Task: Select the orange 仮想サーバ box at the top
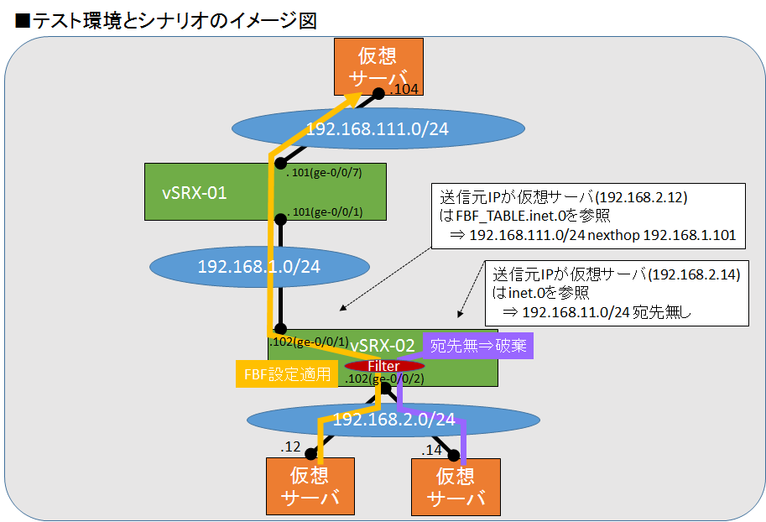378,66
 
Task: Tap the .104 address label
404,89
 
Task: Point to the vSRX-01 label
194,193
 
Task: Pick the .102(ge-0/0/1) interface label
308,342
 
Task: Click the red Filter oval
385,367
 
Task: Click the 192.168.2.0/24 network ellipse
394,419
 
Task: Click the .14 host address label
432,450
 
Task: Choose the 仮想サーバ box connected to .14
456,487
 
